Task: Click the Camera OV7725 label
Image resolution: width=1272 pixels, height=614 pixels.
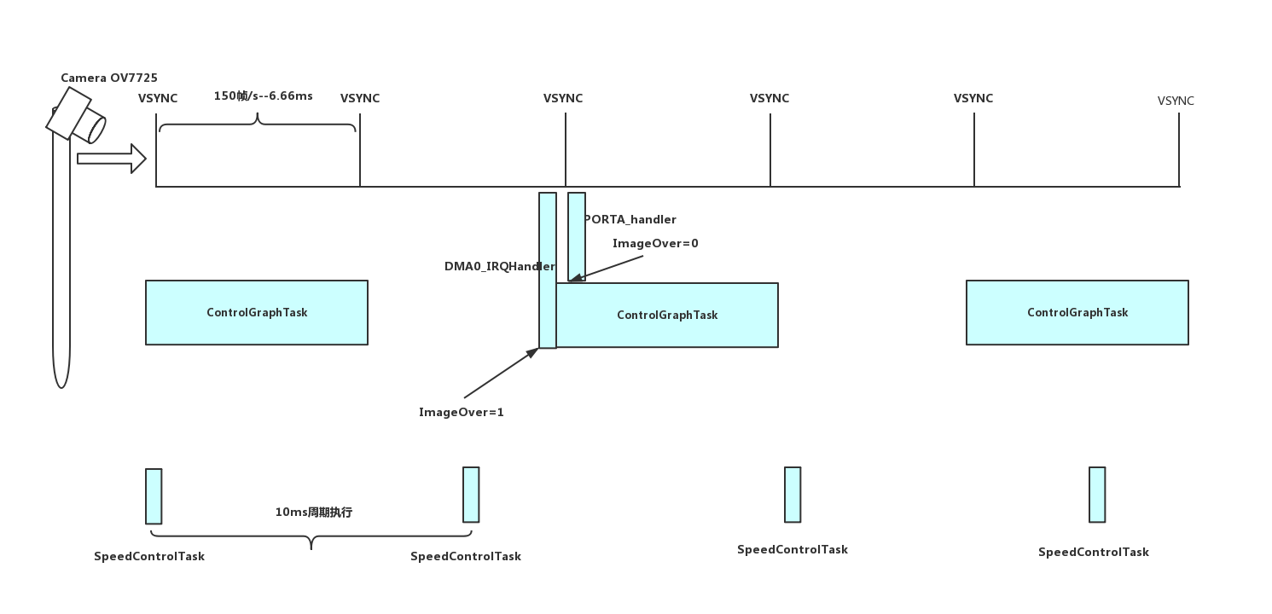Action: click(109, 78)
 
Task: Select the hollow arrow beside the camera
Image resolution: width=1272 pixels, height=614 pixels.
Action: click(111, 159)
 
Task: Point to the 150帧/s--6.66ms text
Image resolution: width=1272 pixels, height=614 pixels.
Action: click(263, 96)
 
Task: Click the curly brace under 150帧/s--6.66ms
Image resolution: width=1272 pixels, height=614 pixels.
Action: click(258, 122)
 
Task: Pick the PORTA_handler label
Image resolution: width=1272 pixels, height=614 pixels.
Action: click(630, 220)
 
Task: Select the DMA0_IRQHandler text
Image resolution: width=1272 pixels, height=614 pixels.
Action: click(500, 266)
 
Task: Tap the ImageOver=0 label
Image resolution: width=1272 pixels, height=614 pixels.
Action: click(655, 243)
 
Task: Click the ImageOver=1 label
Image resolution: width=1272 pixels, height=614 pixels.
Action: click(461, 413)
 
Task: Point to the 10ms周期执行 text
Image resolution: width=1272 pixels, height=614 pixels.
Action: click(313, 513)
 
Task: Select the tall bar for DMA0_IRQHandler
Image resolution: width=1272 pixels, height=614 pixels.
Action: click(548, 270)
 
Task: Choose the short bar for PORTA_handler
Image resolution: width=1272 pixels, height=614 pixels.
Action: click(577, 236)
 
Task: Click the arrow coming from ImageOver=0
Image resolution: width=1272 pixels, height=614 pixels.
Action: click(606, 268)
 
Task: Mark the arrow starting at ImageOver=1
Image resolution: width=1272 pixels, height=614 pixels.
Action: click(502, 373)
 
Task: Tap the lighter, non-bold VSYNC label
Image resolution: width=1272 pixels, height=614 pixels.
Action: click(1176, 101)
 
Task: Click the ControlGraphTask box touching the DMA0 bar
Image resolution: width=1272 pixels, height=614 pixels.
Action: click(667, 315)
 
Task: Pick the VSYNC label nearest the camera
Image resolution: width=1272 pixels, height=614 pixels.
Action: click(158, 99)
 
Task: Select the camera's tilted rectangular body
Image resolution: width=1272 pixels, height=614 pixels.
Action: click(69, 113)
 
